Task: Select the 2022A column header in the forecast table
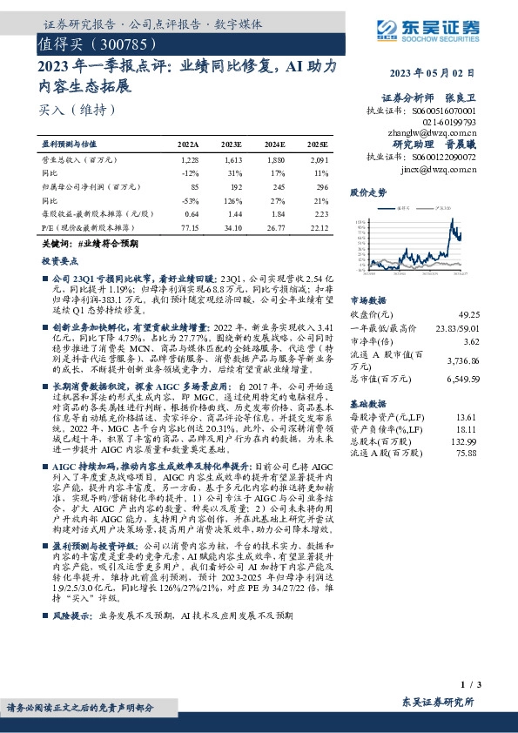pyautogui.click(x=188, y=144)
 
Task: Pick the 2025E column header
pyautogui.click(x=318, y=144)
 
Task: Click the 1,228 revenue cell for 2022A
pyautogui.click(x=190, y=160)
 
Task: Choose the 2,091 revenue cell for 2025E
pyautogui.click(x=318, y=160)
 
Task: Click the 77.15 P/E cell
pyautogui.click(x=190, y=226)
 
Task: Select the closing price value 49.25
pyautogui.click(x=468, y=313)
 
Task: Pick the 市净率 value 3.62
pyautogui.click(x=471, y=341)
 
